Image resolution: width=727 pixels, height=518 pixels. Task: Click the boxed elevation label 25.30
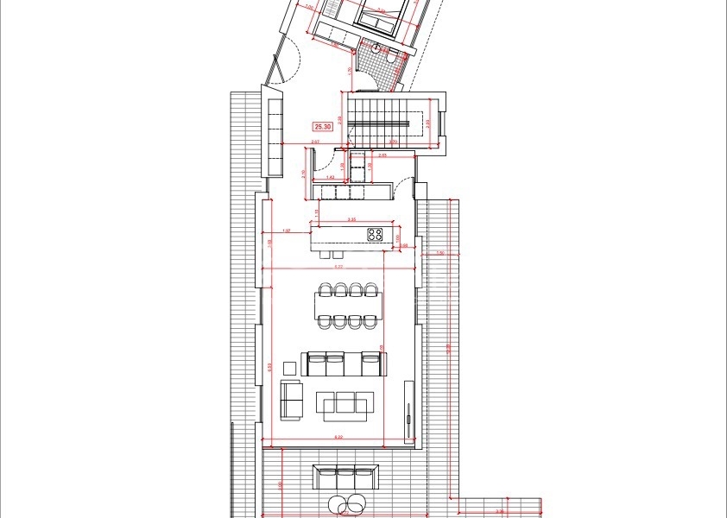tap(323, 127)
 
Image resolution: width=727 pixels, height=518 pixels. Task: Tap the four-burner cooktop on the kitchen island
tap(376, 234)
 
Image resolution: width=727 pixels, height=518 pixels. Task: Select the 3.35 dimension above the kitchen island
tap(351, 220)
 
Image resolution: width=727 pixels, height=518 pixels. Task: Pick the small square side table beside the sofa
tap(288, 369)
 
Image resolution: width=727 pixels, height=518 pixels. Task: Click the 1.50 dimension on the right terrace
tap(439, 253)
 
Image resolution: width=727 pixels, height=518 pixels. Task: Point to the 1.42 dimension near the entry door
tap(331, 175)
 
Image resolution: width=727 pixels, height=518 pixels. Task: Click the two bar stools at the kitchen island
tap(330, 255)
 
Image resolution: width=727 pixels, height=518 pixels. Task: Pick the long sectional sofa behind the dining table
tap(344, 363)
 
